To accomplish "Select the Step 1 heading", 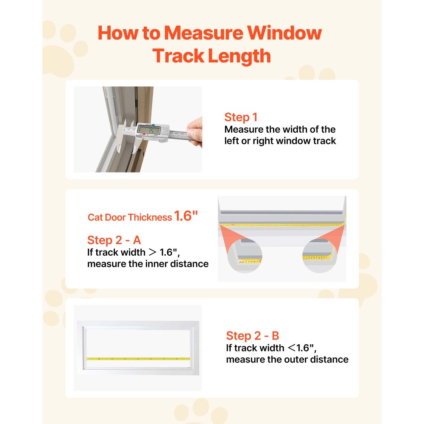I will click(241, 117).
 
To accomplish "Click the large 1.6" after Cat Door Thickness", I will click(186, 217).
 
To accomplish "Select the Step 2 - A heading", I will click(114, 240).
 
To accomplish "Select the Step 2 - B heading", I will click(252, 336).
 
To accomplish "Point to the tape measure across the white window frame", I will click(138, 359).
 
